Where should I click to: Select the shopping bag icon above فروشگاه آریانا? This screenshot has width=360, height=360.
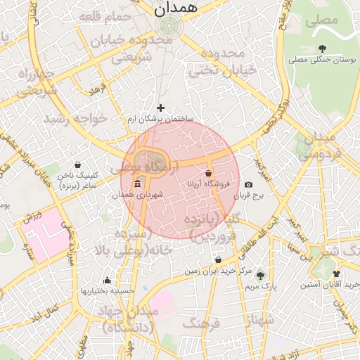208,173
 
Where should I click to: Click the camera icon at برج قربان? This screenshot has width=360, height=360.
248,184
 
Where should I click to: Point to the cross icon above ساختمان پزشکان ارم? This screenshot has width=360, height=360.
160,108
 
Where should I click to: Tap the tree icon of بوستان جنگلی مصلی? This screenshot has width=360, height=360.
322,48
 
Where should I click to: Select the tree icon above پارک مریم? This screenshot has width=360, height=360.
261,275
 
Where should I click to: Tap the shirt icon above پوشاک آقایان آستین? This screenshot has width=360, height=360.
335,274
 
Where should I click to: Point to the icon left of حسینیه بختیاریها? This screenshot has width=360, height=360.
106,280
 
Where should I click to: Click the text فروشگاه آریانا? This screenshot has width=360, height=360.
206,184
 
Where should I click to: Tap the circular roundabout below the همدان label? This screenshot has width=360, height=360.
169,26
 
